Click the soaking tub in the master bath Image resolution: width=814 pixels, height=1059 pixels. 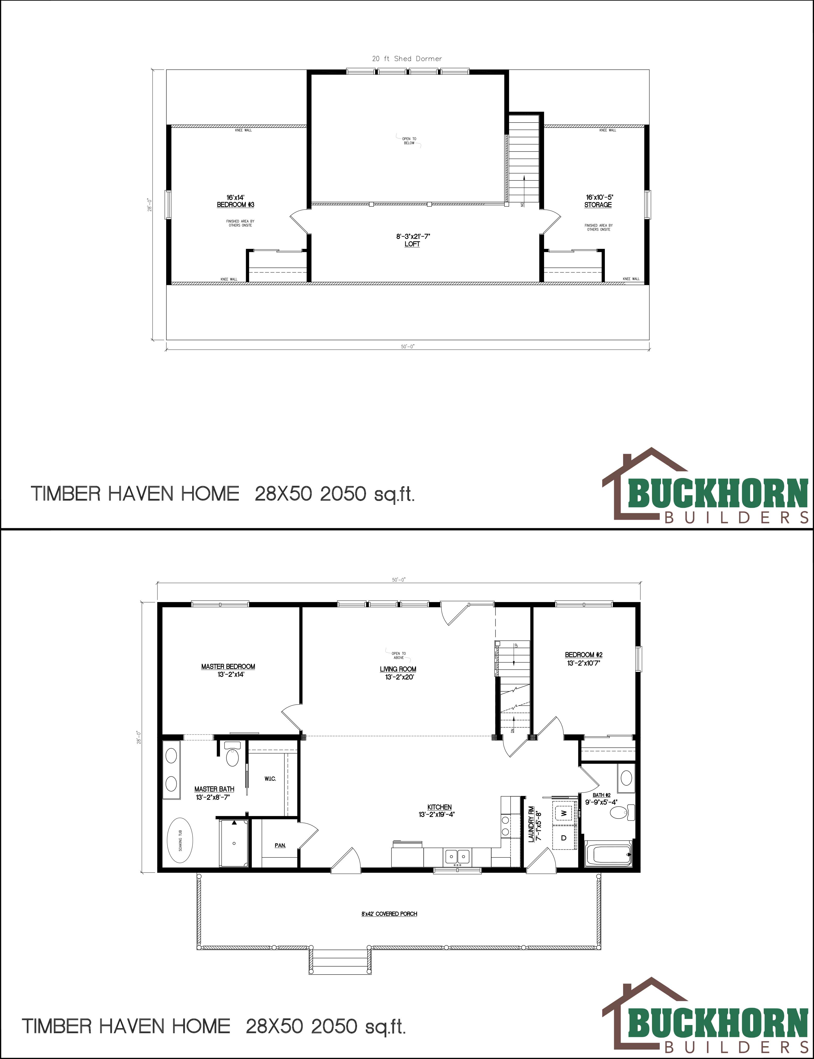(180, 841)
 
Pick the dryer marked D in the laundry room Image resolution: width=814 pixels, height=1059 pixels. (564, 838)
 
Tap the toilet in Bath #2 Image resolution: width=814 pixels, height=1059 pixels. (620, 812)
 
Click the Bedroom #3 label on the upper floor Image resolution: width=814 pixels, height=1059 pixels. (235, 205)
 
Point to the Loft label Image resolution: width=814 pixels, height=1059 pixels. (412, 244)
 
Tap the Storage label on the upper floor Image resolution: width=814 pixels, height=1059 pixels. (598, 205)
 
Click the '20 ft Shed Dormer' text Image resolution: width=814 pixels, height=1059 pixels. (407, 59)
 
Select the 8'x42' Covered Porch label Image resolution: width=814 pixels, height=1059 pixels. (389, 914)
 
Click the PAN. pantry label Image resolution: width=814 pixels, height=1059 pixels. (280, 845)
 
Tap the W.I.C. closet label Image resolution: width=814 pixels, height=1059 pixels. (270, 779)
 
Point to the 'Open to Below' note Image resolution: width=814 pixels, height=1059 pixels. (409, 141)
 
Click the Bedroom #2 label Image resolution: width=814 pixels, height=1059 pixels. (584, 655)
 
